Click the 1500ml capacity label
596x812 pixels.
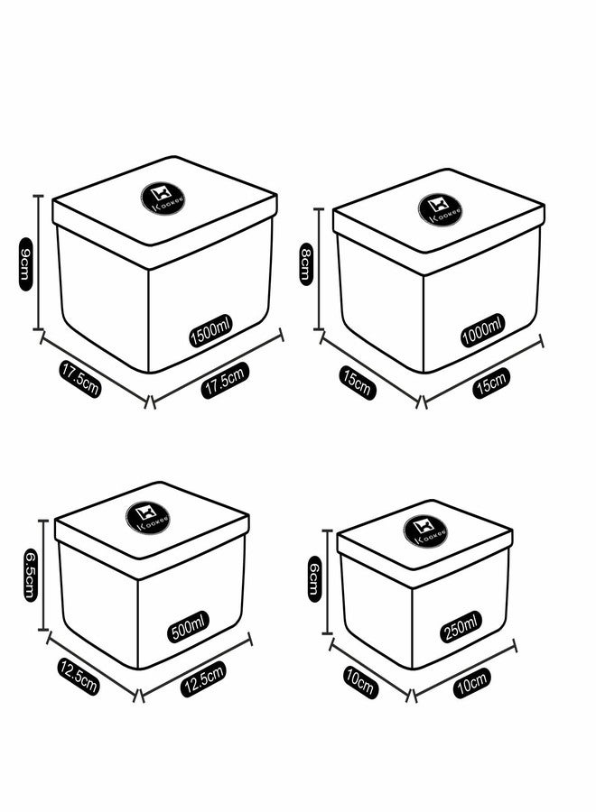coord(211,330)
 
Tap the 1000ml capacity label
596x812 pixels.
coord(482,330)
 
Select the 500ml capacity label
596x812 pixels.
coord(188,627)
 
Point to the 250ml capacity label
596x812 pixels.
coord(461,627)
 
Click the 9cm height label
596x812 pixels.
coord(25,264)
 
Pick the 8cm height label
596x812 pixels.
coord(306,264)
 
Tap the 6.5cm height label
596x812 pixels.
coord(31,575)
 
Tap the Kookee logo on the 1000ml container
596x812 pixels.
coord(441,209)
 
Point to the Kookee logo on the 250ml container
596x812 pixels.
coord(425,531)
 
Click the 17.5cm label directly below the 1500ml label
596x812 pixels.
coord(225,380)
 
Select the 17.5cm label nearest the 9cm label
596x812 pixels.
coord(79,380)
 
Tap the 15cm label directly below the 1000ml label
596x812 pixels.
coord(490,383)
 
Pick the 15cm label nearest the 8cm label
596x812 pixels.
coord(357,383)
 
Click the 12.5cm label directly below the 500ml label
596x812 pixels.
coord(203,678)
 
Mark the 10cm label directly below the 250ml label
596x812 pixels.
coord(472,683)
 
